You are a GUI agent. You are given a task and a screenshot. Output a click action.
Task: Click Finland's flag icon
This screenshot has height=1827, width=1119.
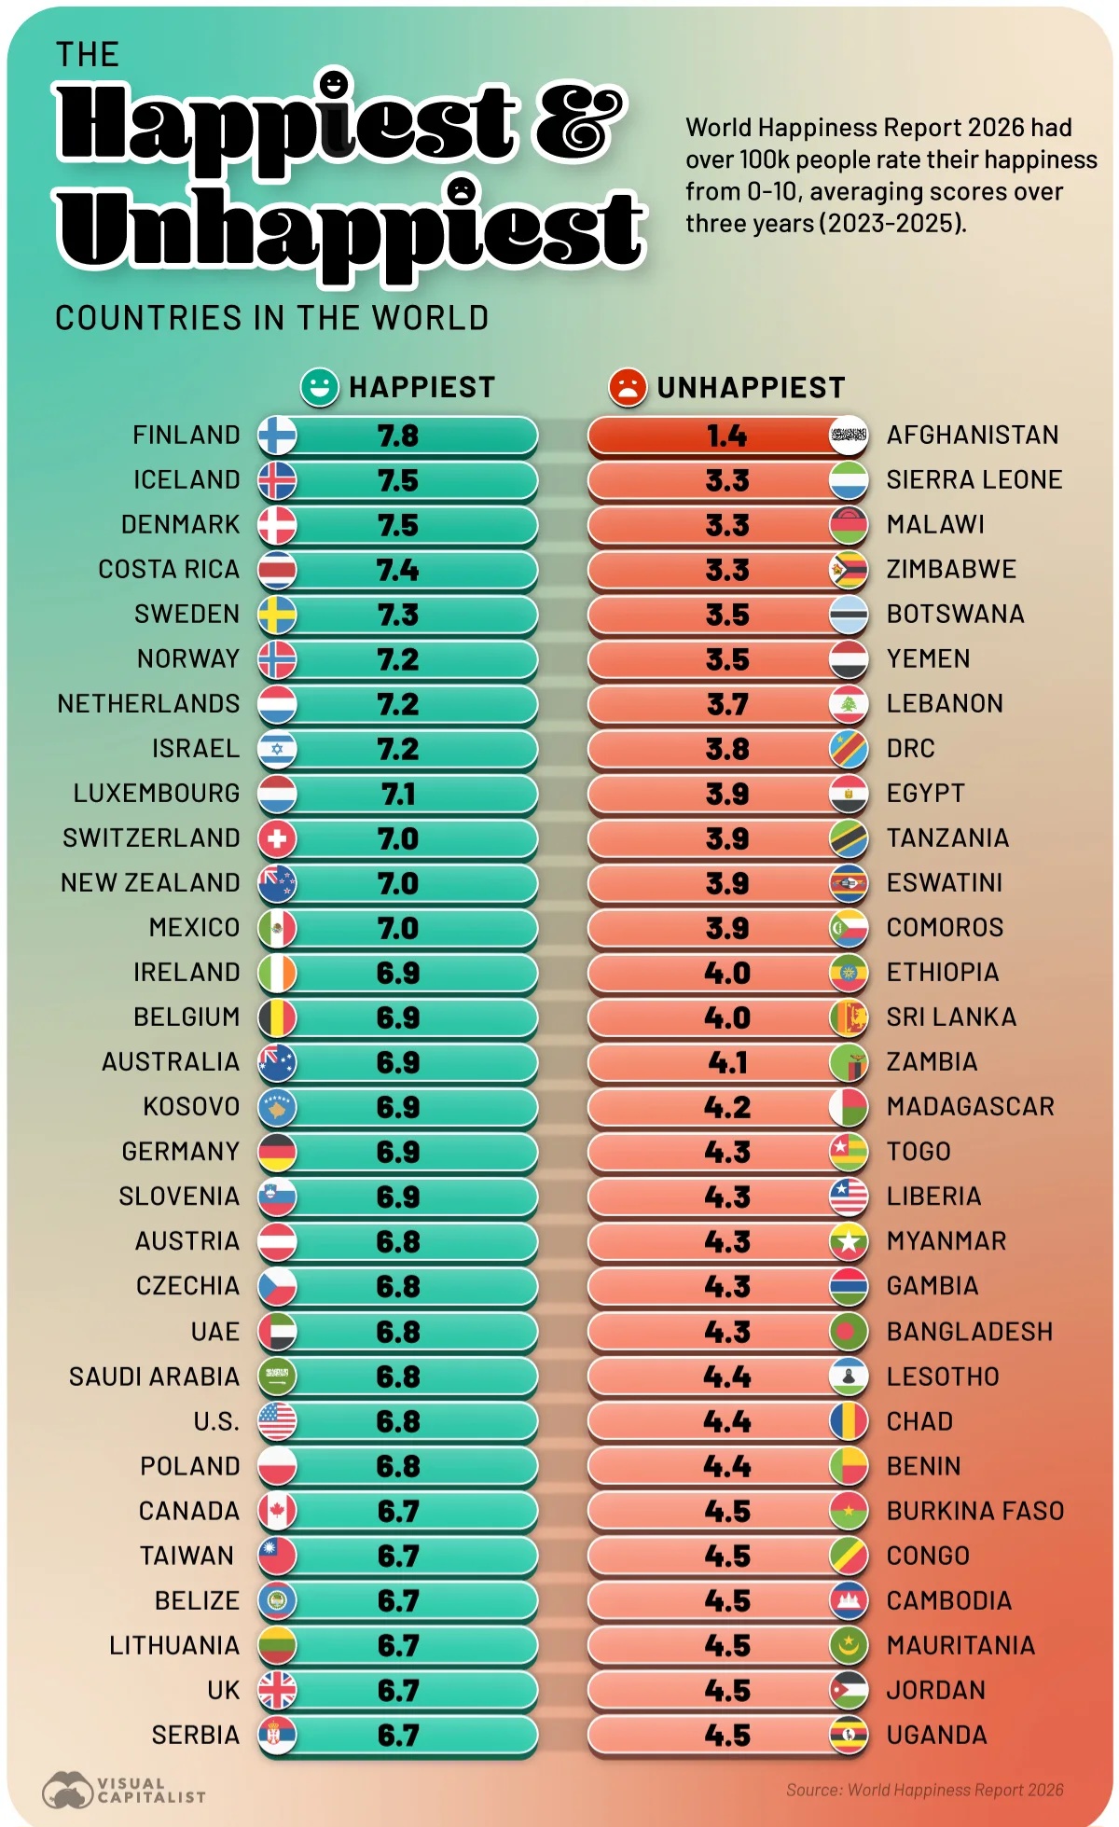coord(277,436)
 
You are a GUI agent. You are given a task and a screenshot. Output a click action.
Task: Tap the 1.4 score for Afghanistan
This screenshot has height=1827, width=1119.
coord(726,436)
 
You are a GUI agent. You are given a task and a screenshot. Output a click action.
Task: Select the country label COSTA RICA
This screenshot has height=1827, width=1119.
coord(169,569)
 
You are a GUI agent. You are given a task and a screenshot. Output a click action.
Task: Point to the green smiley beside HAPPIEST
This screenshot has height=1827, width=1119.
coord(319,387)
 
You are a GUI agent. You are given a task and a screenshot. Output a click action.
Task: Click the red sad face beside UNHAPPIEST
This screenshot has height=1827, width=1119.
coord(628,387)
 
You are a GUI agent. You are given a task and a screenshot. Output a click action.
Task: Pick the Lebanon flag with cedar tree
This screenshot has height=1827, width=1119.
coord(849,704)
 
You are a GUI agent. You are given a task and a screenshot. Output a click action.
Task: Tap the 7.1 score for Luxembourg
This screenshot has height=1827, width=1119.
coord(398,794)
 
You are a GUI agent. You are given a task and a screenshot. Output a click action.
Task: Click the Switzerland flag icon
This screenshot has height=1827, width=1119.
coord(277,838)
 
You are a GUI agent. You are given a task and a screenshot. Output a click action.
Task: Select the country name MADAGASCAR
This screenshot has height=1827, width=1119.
coord(970,1107)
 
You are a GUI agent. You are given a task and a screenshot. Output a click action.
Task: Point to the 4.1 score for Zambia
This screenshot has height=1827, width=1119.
coord(726,1062)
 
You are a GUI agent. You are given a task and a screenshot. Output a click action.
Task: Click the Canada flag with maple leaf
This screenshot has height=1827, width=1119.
coord(277,1511)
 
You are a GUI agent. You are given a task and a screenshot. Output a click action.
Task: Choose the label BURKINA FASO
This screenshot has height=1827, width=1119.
coord(975,1511)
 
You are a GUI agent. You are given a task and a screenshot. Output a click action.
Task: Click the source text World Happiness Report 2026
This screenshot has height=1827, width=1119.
coord(924,1790)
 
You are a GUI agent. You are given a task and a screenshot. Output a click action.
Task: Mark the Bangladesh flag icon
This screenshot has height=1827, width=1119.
coord(849,1332)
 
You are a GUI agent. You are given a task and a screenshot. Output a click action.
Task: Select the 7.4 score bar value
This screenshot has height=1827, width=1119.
coord(398,570)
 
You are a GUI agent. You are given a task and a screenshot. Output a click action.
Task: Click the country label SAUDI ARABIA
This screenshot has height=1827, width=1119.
coord(154,1377)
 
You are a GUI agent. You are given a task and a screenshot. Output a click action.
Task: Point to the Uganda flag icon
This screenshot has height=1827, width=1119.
coord(849,1735)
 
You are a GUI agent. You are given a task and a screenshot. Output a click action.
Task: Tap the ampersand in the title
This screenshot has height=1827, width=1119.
coord(578,121)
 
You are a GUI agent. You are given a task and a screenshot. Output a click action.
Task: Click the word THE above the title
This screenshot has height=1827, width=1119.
coord(87,55)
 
